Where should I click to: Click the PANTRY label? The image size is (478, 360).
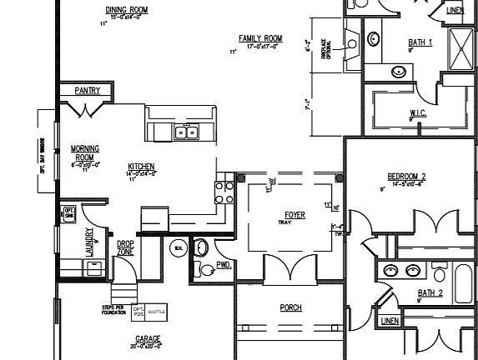point(88,89)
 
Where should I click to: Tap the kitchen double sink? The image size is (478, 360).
point(185,132)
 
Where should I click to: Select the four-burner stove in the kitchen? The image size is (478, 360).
point(224,192)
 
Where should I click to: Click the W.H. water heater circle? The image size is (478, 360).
point(178,247)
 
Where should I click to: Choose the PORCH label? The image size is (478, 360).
point(290,307)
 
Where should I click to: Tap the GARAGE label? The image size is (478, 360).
point(148,339)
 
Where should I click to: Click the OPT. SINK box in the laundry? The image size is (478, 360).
point(69,214)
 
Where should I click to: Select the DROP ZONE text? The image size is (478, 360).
point(125,247)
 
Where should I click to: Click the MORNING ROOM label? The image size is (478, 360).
point(85,152)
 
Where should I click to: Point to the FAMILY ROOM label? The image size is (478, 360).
point(260,38)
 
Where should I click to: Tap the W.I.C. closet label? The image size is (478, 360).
point(418,112)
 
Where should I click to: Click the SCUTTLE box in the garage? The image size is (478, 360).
point(157,311)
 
